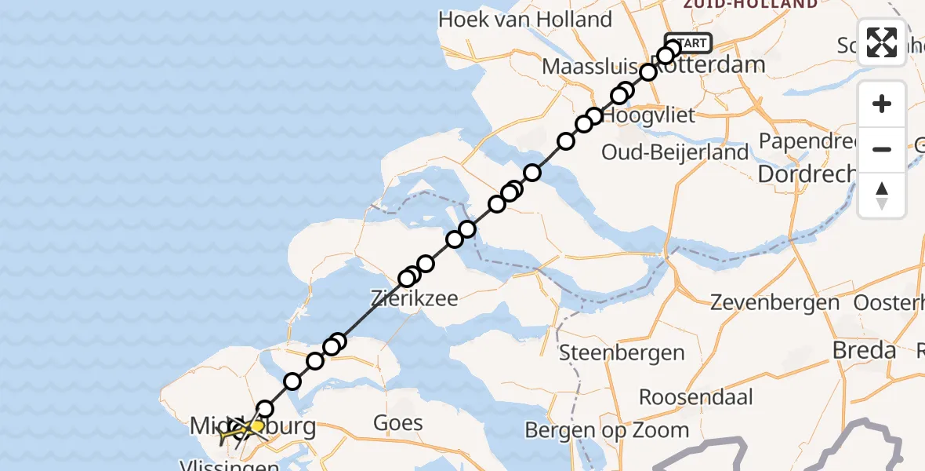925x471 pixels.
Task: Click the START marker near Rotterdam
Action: [689, 43]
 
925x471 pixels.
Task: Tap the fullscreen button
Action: [882, 42]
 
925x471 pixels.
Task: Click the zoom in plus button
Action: [882, 104]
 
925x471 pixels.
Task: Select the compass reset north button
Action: [882, 195]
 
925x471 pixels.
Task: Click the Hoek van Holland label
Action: [525, 20]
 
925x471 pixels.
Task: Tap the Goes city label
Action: [397, 424]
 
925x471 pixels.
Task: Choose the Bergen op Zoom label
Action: [607, 429]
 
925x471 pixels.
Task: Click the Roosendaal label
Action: [696, 396]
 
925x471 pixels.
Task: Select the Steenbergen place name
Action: [622, 352]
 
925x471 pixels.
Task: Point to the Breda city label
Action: [864, 350]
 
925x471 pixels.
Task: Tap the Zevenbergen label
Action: [774, 302]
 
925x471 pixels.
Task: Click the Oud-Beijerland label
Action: [675, 152]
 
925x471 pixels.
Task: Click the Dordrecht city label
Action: [807, 173]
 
